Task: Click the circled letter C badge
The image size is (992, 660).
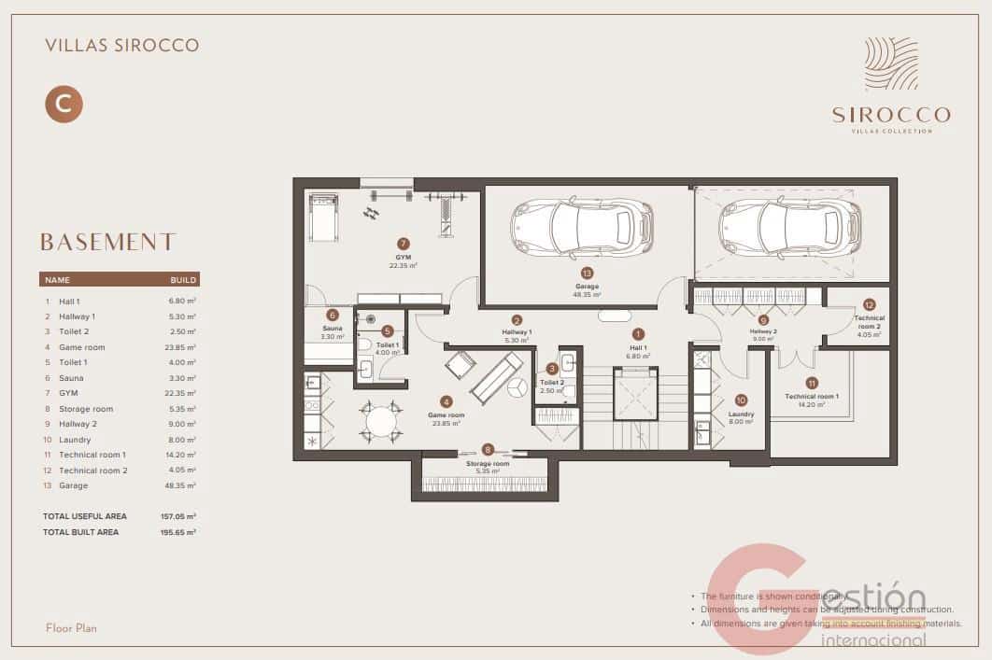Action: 64,104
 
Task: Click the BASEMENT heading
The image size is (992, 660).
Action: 107,243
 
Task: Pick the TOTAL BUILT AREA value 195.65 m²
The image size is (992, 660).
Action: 177,532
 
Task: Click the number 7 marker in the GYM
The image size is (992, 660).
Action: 404,243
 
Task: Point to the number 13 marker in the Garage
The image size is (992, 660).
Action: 588,274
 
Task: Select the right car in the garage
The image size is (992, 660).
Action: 789,227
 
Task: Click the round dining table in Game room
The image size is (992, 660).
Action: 381,422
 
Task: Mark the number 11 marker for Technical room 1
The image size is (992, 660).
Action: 812,383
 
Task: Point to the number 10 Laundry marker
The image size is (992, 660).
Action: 741,400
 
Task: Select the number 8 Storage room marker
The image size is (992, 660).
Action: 488,449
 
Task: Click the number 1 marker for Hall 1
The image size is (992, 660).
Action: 639,333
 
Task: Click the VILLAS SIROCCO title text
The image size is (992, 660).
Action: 121,45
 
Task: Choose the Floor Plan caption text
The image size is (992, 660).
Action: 71,628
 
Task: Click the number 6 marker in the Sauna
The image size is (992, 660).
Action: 333,316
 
